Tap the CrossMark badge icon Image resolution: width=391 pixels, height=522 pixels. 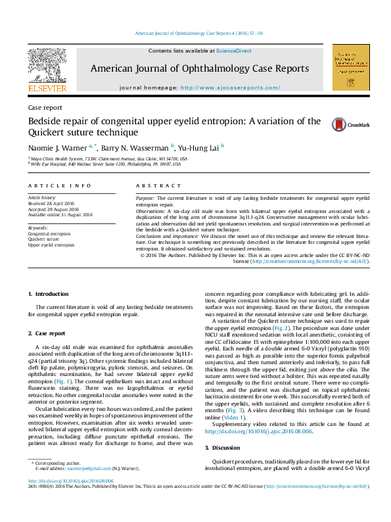tap(338, 124)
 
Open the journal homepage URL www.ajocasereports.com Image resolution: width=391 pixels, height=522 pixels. tap(230, 87)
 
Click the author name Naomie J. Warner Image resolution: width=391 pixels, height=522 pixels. tap(57, 147)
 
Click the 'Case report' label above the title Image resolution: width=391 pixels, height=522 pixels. tap(45, 107)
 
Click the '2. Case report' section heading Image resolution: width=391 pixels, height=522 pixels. tap(51, 333)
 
